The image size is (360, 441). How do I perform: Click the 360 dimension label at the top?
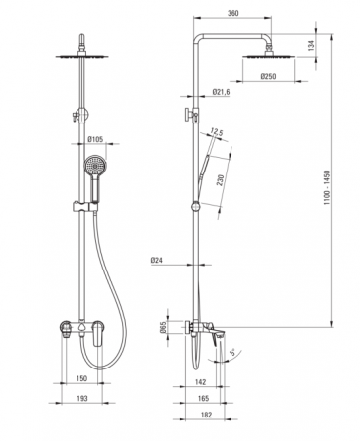click(x=232, y=13)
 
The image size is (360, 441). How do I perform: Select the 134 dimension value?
click(x=311, y=45)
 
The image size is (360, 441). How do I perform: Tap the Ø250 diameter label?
click(x=268, y=76)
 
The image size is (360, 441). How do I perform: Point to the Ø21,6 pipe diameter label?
click(x=221, y=92)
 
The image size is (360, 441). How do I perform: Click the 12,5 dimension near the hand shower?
click(x=217, y=132)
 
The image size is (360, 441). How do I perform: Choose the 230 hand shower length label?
click(x=221, y=180)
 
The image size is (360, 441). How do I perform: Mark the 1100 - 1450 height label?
click(x=328, y=187)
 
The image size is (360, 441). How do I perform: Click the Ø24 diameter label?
click(x=157, y=261)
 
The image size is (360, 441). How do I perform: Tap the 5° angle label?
click(x=232, y=352)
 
